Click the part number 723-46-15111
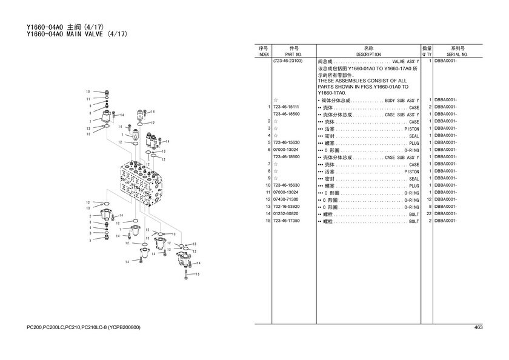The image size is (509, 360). click(x=286, y=107)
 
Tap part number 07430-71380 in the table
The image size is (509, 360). click(x=285, y=199)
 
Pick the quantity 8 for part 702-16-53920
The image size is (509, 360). click(x=430, y=207)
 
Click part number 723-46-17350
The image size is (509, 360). click(x=286, y=221)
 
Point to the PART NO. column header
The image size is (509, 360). click(x=293, y=55)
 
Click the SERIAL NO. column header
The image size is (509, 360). click(x=457, y=55)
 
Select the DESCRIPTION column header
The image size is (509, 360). click(x=368, y=55)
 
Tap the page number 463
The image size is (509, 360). click(x=479, y=327)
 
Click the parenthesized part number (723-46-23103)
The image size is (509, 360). click(x=288, y=61)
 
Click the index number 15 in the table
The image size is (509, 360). click(x=268, y=221)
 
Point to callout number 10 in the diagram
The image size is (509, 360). click(x=88, y=92)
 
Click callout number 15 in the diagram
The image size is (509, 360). click(x=198, y=275)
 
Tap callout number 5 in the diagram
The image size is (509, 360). click(x=90, y=241)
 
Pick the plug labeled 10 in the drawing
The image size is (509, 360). click(x=107, y=93)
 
